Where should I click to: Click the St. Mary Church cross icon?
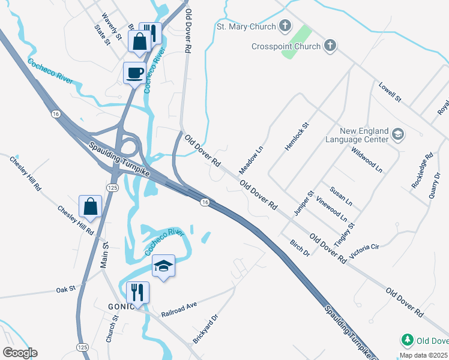click(285, 26)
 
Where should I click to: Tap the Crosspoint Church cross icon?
click(330, 45)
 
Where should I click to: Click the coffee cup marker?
click(134, 73)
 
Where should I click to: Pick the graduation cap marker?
click(163, 266)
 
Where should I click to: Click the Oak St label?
click(65, 289)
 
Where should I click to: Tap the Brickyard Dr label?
click(205, 329)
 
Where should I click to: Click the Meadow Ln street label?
click(252, 157)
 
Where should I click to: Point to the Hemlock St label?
click(297, 136)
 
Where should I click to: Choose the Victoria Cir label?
click(364, 251)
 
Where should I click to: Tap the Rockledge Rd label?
click(422, 172)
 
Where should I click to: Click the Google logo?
click(19, 353)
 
